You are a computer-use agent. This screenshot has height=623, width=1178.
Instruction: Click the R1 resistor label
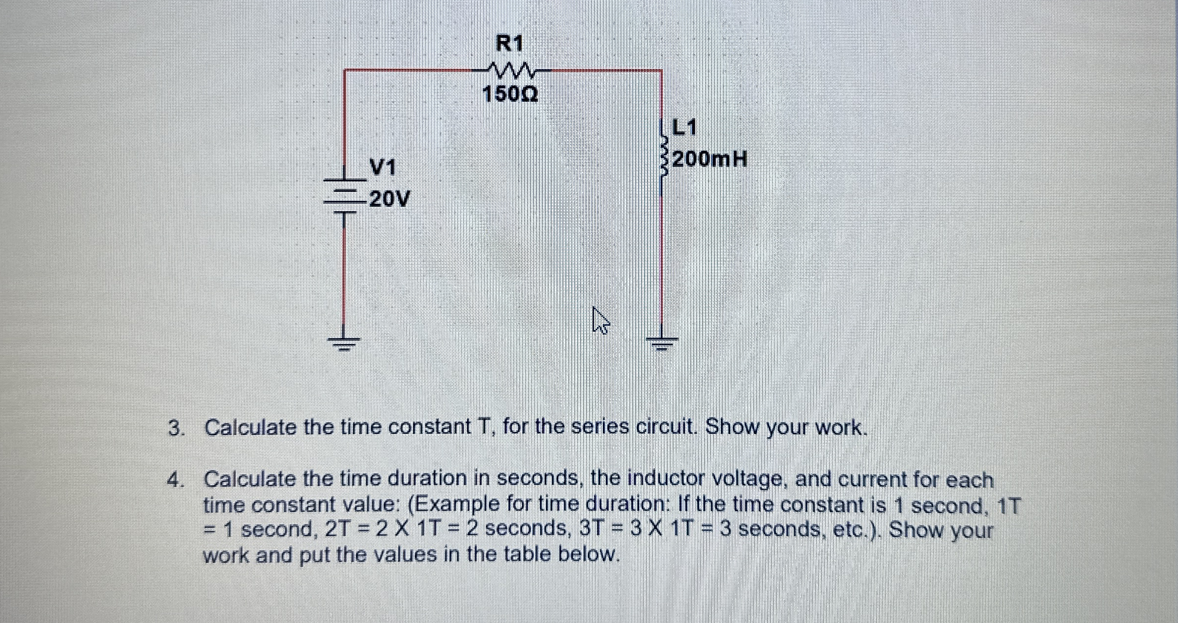tap(509, 44)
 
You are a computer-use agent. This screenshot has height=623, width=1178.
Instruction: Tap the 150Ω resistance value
tap(510, 94)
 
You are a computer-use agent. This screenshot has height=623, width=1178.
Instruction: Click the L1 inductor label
tap(684, 128)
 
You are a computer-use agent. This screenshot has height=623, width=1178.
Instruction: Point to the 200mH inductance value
tap(709, 159)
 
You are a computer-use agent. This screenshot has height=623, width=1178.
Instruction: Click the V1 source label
tap(383, 168)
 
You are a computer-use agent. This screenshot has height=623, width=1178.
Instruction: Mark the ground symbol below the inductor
tap(662, 342)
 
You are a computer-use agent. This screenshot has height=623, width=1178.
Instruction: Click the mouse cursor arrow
tap(600, 320)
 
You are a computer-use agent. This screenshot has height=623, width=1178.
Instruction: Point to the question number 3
tap(175, 428)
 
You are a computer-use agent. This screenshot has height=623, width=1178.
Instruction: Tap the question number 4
tap(175, 480)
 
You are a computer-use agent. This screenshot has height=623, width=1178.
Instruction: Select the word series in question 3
tap(599, 427)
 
